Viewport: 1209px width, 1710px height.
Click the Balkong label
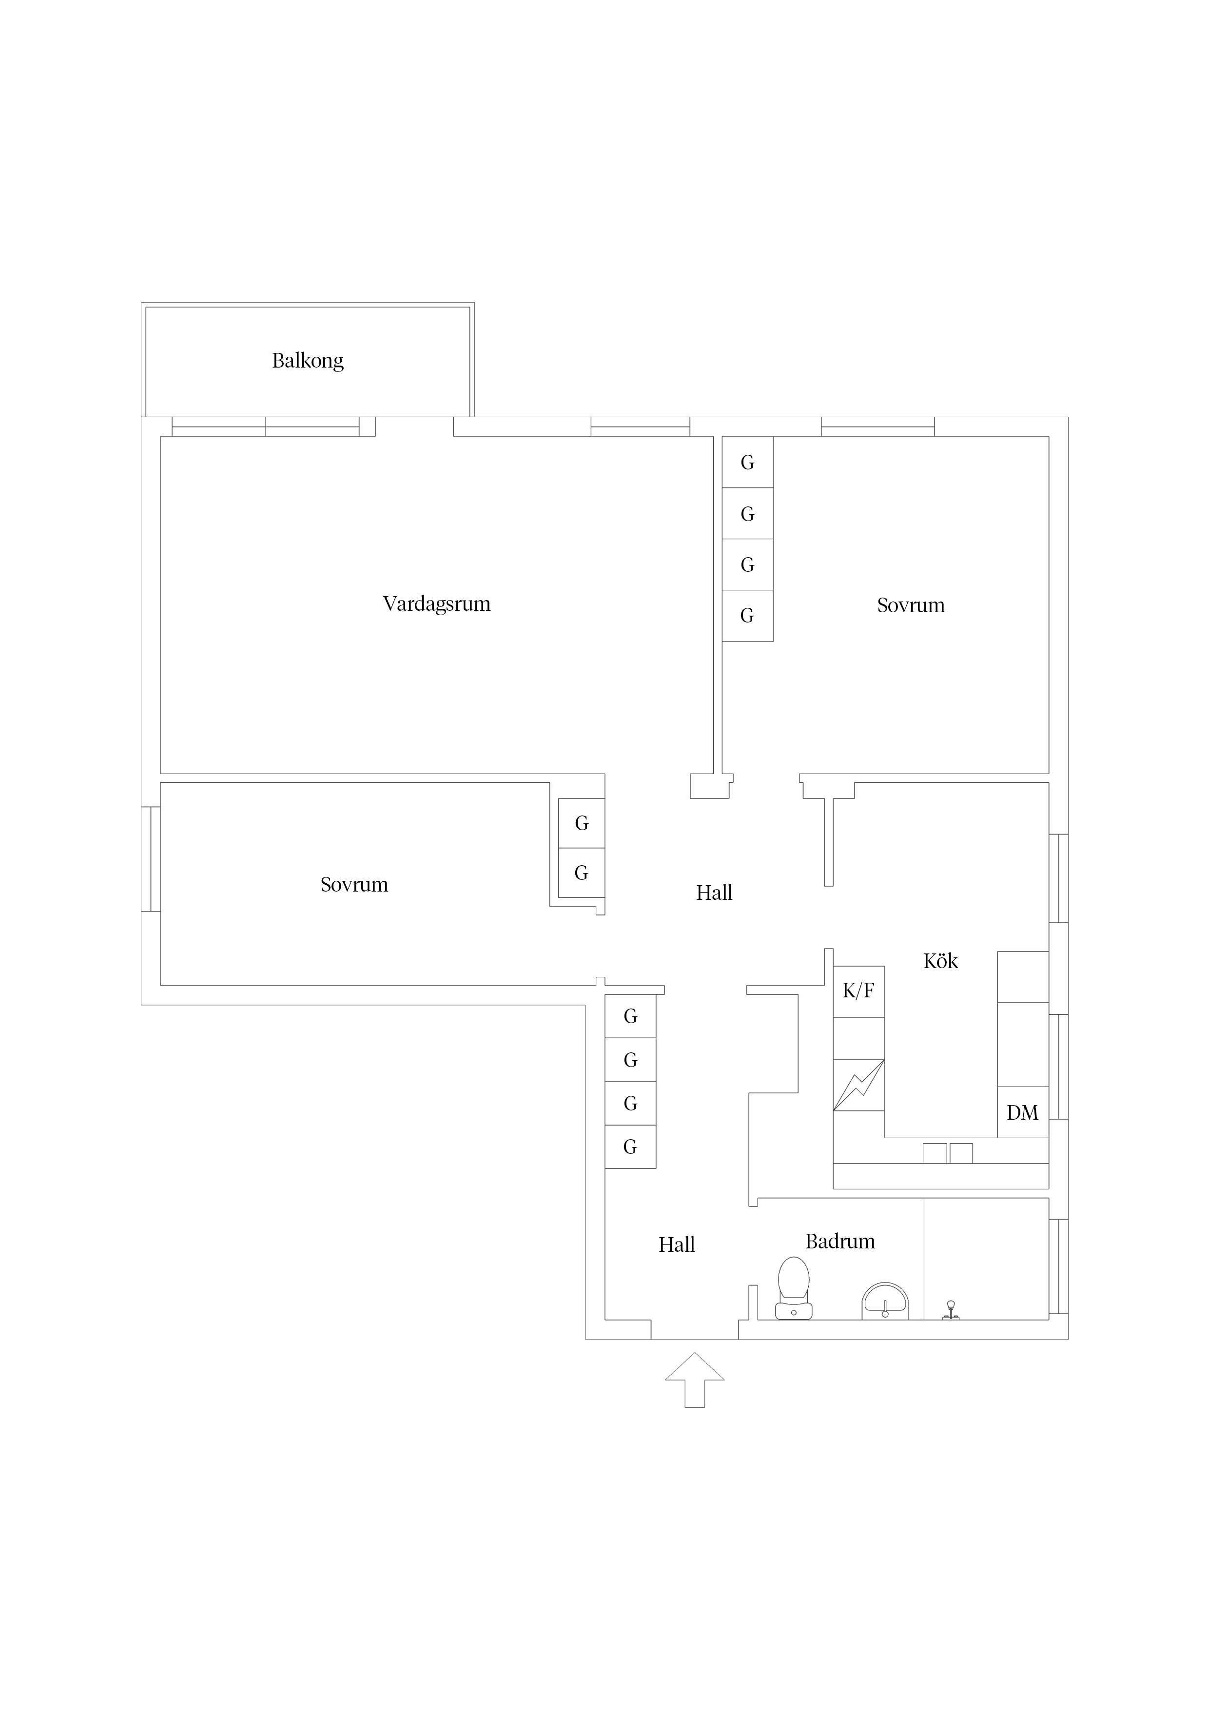[308, 361]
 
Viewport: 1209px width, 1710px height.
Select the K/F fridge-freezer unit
[859, 991]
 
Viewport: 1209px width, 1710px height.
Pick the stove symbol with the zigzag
[859, 1085]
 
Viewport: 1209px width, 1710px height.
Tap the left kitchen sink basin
[935, 1153]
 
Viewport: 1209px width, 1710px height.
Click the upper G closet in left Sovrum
[582, 823]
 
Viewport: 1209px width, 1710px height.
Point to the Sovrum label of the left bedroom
[354, 884]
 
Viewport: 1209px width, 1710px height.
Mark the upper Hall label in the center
[714, 892]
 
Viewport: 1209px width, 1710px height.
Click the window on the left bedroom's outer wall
[151, 859]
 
